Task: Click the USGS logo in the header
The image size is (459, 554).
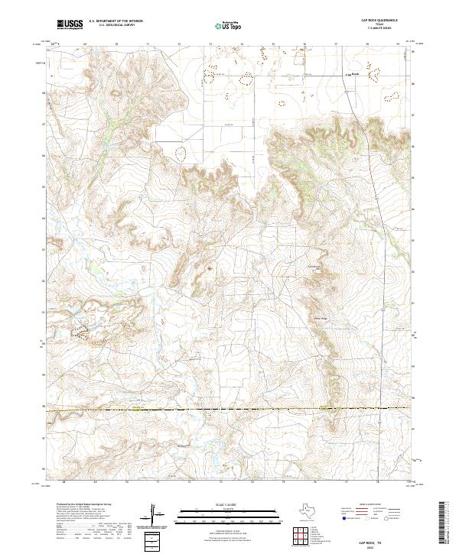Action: [70, 24]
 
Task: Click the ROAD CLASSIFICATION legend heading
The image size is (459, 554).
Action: [366, 505]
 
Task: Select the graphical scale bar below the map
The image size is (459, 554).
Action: [223, 517]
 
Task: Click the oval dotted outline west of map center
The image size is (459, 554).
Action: [182, 152]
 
